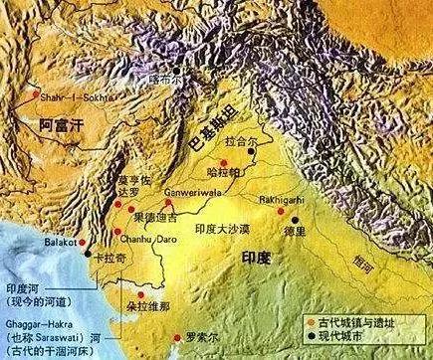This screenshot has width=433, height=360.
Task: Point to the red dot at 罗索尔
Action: (177, 334)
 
